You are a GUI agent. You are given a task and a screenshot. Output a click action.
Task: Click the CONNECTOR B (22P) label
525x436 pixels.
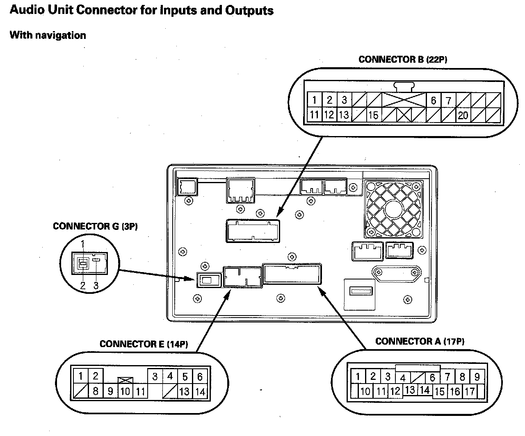pyautogui.click(x=402, y=59)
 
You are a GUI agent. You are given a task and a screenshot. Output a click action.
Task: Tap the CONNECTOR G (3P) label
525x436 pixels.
pyautogui.click(x=95, y=227)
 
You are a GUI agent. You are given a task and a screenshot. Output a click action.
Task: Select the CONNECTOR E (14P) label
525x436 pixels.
pyautogui.click(x=144, y=344)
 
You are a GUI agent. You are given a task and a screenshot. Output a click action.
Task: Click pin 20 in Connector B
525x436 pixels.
pyautogui.click(x=463, y=115)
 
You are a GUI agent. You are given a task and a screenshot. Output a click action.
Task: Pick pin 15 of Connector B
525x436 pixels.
pyautogui.click(x=373, y=115)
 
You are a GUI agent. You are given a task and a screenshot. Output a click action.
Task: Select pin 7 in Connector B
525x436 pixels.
pyautogui.click(x=448, y=100)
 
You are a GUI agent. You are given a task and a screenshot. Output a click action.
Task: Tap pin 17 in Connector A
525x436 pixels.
pyautogui.click(x=470, y=391)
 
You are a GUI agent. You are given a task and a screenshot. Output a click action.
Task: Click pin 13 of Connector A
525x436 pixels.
pyautogui.click(x=410, y=390)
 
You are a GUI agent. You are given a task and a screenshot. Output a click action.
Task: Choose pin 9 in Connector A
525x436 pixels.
pyautogui.click(x=477, y=376)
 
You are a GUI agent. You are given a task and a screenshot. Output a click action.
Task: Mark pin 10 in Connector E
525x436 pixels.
pyautogui.click(x=125, y=391)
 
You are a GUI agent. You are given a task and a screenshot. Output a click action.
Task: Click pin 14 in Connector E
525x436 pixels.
pyautogui.click(x=200, y=391)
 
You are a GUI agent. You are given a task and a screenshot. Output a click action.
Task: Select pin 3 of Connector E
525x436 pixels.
pyautogui.click(x=155, y=376)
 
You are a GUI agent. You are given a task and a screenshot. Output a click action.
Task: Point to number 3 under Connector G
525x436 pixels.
pyautogui.click(x=96, y=286)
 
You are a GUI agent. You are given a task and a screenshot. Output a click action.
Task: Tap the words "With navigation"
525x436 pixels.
pyautogui.click(x=48, y=35)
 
